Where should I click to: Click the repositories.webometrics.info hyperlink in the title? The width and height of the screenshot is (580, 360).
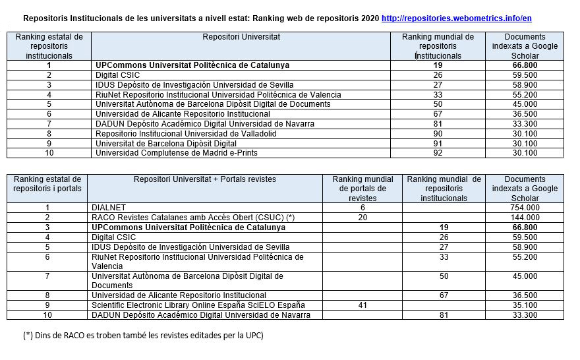(456, 18)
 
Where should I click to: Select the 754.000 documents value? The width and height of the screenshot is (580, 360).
(525, 208)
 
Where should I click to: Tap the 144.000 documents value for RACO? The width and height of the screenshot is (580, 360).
(525, 218)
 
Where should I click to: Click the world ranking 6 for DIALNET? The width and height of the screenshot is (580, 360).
(362, 208)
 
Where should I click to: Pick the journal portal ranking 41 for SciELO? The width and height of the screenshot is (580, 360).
(362, 305)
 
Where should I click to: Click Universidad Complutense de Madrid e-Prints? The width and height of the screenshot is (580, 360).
(176, 153)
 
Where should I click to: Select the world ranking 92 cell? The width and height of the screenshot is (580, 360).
(438, 153)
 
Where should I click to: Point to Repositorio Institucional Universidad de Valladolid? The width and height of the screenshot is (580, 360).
(186, 134)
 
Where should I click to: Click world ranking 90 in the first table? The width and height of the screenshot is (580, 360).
(438, 134)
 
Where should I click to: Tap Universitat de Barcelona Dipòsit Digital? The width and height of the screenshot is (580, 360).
(166, 143)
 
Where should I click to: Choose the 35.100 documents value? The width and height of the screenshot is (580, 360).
(525, 305)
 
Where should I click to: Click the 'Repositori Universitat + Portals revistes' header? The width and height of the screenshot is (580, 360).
(205, 179)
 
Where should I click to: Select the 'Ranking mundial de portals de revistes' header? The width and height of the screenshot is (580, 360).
(362, 189)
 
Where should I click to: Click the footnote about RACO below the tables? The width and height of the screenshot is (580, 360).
(143, 336)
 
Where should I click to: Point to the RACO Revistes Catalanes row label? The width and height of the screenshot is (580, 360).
(183, 218)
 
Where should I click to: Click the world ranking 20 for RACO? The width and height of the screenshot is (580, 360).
(362, 218)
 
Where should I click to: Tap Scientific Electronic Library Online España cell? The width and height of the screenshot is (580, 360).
(198, 305)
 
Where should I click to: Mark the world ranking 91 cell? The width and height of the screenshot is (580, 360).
(438, 143)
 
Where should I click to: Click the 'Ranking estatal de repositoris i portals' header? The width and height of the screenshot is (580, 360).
(47, 184)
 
